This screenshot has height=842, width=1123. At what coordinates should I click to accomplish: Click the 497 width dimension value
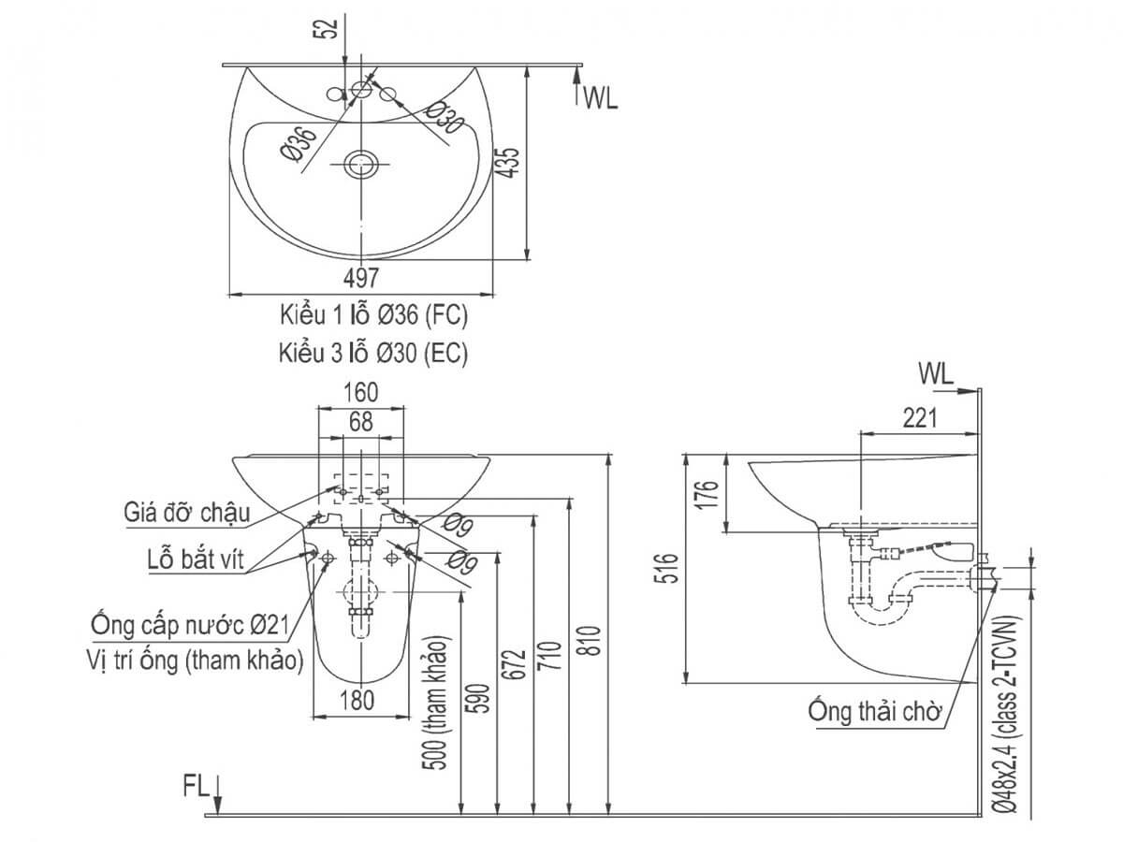point(360,278)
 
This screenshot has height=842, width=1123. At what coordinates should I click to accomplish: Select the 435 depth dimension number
point(508,163)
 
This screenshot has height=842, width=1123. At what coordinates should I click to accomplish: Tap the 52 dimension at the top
point(329,28)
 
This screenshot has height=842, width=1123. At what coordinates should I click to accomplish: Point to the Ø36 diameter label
point(299,145)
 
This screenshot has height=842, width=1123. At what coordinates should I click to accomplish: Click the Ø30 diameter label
point(445,118)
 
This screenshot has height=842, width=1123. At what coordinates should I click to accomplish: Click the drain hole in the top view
point(361,164)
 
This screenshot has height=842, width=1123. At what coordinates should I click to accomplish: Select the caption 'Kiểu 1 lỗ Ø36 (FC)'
point(373,315)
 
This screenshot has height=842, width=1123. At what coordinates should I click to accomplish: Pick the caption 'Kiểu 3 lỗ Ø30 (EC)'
point(373,353)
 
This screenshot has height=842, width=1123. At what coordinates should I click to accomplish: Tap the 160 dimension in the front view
point(360,392)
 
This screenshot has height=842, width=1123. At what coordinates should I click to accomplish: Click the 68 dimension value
point(361,422)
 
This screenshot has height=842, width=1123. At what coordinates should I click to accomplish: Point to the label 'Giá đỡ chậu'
point(187,513)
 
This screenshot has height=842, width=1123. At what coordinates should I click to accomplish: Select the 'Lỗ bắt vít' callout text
point(196,559)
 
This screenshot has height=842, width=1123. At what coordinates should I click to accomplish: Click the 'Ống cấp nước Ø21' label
point(190,624)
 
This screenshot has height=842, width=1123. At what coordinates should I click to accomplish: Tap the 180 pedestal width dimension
point(357,701)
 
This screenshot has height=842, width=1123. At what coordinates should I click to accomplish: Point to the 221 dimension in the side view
point(920,418)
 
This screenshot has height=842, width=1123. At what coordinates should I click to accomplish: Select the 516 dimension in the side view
point(667,568)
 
